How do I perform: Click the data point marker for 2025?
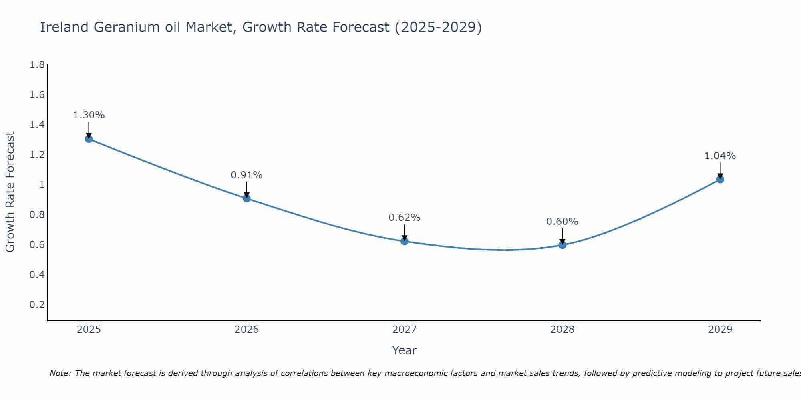coord(89,139)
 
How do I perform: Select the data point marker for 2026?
coord(246,198)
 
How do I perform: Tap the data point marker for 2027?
coord(404,241)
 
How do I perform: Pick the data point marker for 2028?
coord(562,245)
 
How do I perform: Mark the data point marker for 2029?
coord(720,179)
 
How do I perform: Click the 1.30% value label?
coord(89,115)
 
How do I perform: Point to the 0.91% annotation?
coord(246,175)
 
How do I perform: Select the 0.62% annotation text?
coord(404,218)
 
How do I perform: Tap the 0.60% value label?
coord(562,222)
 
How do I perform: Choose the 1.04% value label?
coord(720,156)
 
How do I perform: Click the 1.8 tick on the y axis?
coord(37,65)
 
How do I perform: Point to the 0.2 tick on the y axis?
coord(37,305)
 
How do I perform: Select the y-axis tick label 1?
coord(41,185)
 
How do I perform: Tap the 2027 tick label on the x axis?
coord(404,330)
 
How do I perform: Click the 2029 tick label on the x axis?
coord(720,330)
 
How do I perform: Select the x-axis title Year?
coord(404,350)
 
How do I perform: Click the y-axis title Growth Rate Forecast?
coord(10,192)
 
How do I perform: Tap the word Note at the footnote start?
coord(60,373)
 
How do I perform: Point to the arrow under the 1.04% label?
coord(720,170)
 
